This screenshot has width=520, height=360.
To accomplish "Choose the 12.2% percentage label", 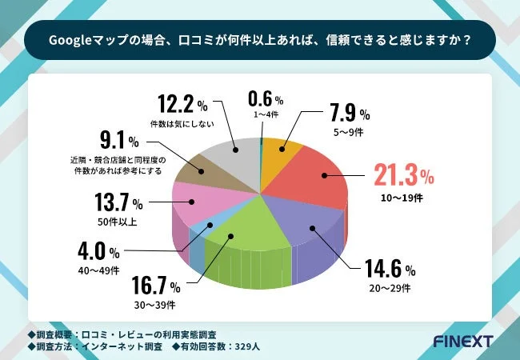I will point(182,104).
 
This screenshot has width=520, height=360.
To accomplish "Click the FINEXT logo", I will point(462,341).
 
